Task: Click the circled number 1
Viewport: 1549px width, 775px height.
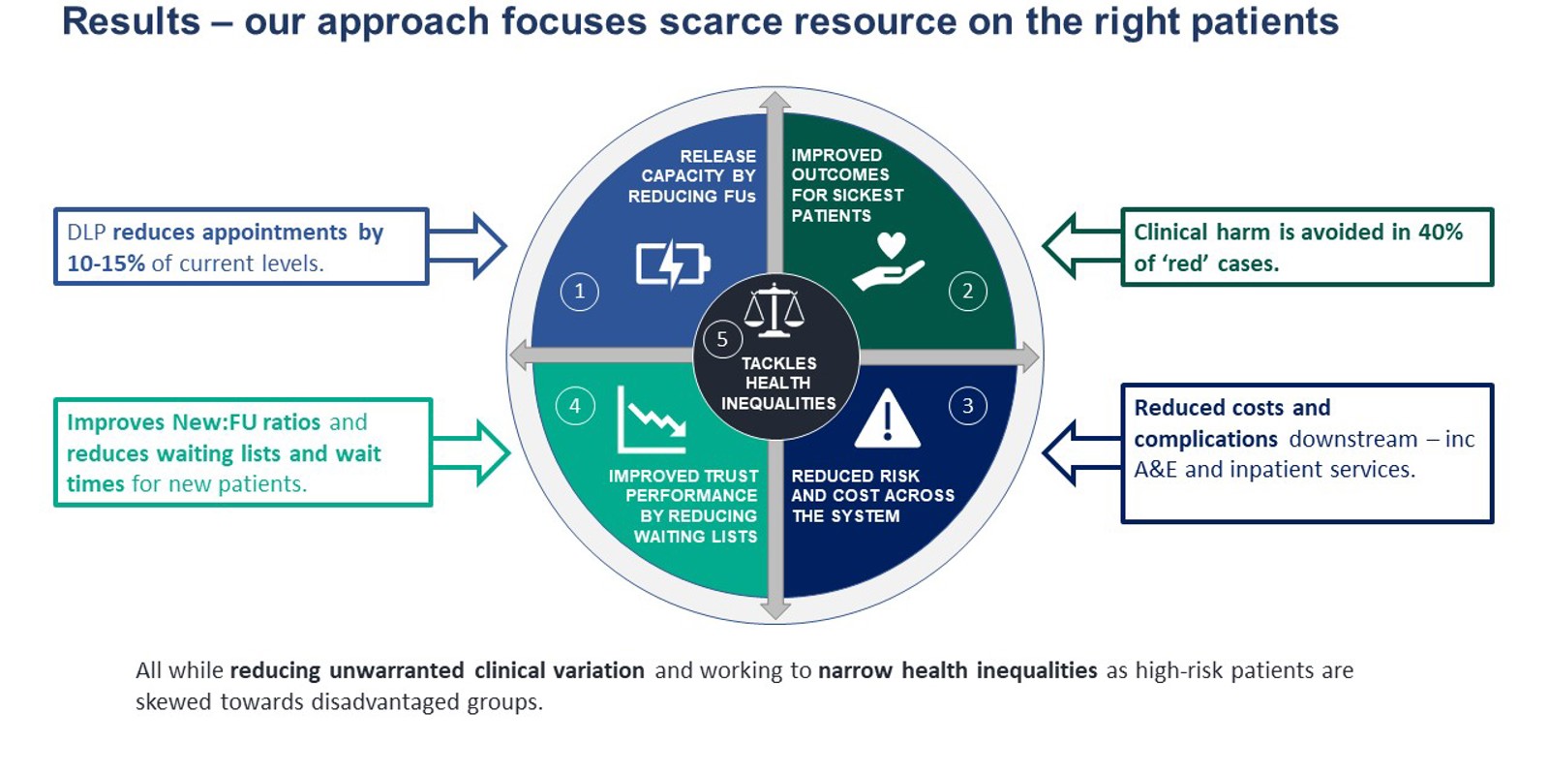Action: [579, 292]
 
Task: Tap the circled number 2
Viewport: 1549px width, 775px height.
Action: [967, 292]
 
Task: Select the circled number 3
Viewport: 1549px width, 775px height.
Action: [967, 406]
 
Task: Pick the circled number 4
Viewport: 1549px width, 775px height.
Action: [575, 406]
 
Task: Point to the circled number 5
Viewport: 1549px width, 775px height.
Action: [722, 339]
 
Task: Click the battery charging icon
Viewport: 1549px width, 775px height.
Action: [673, 263]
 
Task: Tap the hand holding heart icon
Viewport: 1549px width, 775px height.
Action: [889, 262]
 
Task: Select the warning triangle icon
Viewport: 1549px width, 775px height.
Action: [887, 419]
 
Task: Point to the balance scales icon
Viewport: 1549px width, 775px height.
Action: [774, 310]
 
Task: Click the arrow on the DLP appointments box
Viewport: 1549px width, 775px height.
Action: [469, 246]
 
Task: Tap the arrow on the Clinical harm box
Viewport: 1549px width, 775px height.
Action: [1080, 246]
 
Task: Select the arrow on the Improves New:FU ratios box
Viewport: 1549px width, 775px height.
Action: [471, 451]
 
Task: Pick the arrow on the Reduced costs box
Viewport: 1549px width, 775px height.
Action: [1080, 452]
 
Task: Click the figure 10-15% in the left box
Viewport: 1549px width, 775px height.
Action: [106, 263]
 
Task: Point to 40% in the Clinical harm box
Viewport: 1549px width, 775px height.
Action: [1440, 232]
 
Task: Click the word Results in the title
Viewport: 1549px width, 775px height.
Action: [131, 21]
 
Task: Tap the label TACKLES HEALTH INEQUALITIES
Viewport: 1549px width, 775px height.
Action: [778, 384]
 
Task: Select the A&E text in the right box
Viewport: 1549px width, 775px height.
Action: [1155, 470]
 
